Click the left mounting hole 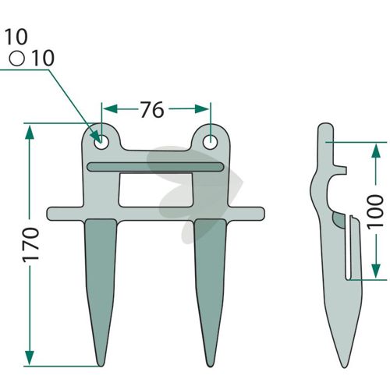[101, 142]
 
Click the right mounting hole [210, 142]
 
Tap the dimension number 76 [152, 109]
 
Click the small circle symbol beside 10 [17, 58]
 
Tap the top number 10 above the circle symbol [16, 37]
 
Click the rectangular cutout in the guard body [156, 190]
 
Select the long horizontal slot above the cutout [155, 167]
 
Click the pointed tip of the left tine [101, 366]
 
